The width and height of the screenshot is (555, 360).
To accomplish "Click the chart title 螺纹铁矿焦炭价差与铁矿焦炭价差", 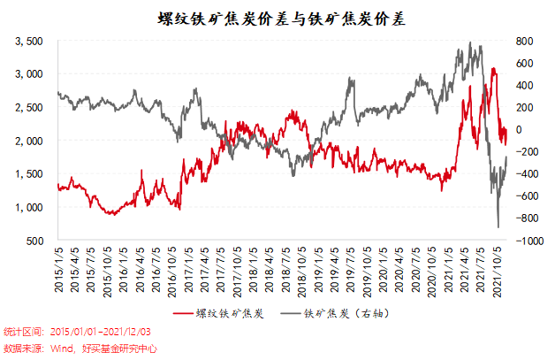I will (277, 17).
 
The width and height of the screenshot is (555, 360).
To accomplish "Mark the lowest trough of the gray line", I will (498, 227).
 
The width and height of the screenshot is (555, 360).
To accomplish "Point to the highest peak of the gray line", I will (470, 42).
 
